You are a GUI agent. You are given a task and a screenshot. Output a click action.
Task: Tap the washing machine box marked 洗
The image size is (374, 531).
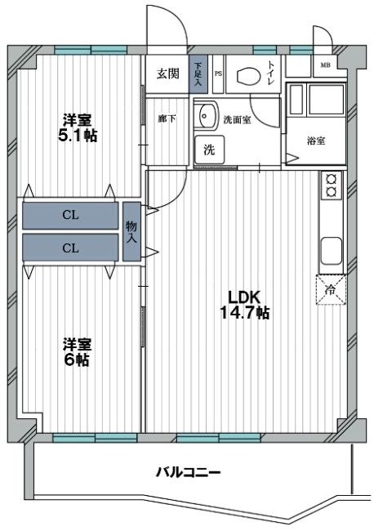tap(209, 149)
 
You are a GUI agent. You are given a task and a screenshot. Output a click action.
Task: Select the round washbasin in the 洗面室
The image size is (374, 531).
tap(206, 115)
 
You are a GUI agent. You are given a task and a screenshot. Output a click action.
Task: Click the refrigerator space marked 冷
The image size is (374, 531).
tap(331, 290)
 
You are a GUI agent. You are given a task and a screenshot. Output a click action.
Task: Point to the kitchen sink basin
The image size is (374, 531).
tap(331, 251)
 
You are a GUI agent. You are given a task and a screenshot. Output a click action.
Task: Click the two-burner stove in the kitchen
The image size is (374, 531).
tap(331, 185)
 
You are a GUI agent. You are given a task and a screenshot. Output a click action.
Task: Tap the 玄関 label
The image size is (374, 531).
tap(167, 74)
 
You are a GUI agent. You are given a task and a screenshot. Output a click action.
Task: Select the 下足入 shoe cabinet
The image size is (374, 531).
tap(198, 74)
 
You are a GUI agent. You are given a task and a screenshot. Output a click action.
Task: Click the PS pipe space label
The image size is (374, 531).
tap(218, 74)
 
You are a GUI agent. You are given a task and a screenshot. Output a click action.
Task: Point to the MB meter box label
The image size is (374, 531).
tap(326, 65)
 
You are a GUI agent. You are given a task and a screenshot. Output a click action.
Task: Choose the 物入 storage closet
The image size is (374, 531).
tap(131, 231)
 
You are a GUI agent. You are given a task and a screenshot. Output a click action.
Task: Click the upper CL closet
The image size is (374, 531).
tap(70, 216)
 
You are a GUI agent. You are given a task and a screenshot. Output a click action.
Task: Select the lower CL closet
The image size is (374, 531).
tap(70, 248)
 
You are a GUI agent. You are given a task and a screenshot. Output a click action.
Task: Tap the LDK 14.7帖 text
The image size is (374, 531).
tap(244, 306)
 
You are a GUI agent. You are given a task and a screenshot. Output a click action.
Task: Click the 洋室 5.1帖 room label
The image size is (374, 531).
tap(78, 128)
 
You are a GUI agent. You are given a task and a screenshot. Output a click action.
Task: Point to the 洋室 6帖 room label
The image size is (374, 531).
tap(78, 352)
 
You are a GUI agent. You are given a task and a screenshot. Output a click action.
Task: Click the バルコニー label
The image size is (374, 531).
tap(188, 471)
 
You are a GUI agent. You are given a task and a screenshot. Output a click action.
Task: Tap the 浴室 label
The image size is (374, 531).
tap(316, 141)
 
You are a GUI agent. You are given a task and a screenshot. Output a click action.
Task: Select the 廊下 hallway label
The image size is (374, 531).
tap(167, 119)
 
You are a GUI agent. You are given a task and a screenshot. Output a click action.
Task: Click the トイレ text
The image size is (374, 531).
tap(271, 73)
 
